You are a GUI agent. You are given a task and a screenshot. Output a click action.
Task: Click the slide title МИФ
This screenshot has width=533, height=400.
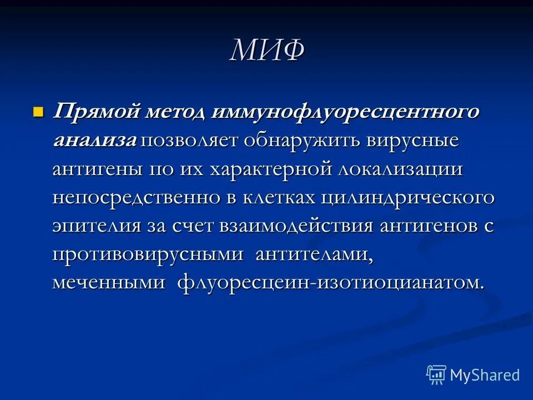pyautogui.click(x=267, y=52)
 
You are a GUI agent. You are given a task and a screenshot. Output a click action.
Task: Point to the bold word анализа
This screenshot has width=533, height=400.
pyautogui.click(x=94, y=141)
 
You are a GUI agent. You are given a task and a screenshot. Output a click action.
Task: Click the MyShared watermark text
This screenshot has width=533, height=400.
pyautogui.click(x=485, y=375)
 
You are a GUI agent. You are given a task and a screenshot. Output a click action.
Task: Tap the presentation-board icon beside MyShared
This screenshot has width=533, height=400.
pyautogui.click(x=436, y=374)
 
